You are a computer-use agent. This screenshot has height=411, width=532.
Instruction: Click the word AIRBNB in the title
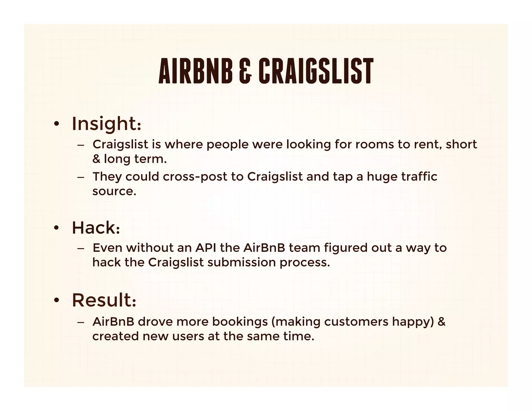tap(195, 71)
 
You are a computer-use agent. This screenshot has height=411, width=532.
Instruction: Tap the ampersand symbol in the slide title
tap(245, 71)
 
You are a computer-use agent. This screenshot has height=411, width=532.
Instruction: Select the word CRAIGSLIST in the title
tap(316, 71)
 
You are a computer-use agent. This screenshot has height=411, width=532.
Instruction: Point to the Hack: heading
tap(96, 228)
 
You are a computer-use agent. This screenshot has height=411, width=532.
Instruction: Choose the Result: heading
tap(104, 300)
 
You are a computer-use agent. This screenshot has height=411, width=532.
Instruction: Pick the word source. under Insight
tap(114, 192)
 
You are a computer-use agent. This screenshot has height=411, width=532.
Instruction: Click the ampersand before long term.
tap(96, 159)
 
